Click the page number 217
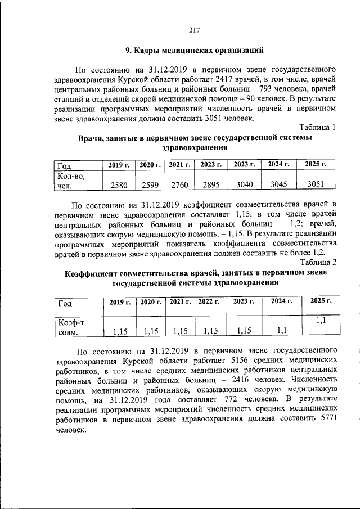[x=195, y=30]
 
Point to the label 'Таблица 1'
[x=318, y=128]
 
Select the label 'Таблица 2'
[x=318, y=262]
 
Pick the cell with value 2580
[x=119, y=184]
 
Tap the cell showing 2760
[x=180, y=184]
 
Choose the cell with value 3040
[x=244, y=184]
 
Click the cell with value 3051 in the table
[x=315, y=184]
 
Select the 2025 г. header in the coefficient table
[x=317, y=302]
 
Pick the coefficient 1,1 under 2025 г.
[x=321, y=319]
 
